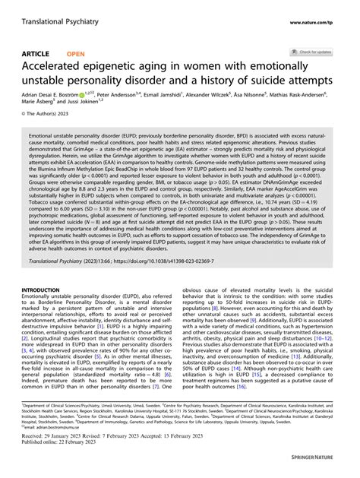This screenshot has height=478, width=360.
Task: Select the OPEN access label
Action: tap(76, 53)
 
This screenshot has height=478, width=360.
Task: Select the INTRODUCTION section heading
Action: tap(46, 268)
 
